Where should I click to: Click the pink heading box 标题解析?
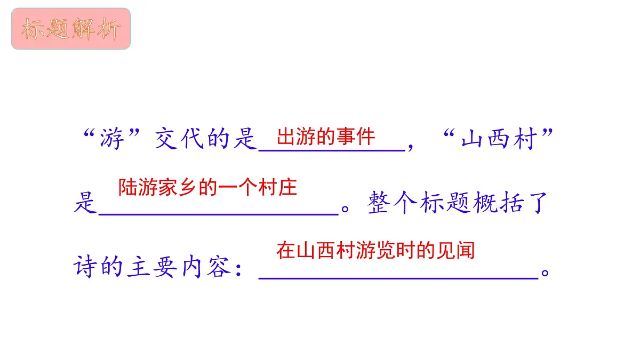(71, 29)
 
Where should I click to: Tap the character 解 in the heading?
(83, 29)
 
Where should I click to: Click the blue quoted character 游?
(111, 139)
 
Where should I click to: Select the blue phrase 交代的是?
(206, 139)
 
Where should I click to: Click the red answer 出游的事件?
(326, 137)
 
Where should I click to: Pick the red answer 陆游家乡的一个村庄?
(207, 187)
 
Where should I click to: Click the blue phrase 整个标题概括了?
(457, 203)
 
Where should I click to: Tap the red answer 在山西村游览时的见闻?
(375, 250)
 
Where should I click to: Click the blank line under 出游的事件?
(332, 150)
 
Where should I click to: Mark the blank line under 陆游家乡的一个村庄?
(219, 213)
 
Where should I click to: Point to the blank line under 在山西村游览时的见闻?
(398, 277)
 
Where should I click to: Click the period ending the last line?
(545, 273)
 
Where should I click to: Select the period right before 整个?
(345, 209)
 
